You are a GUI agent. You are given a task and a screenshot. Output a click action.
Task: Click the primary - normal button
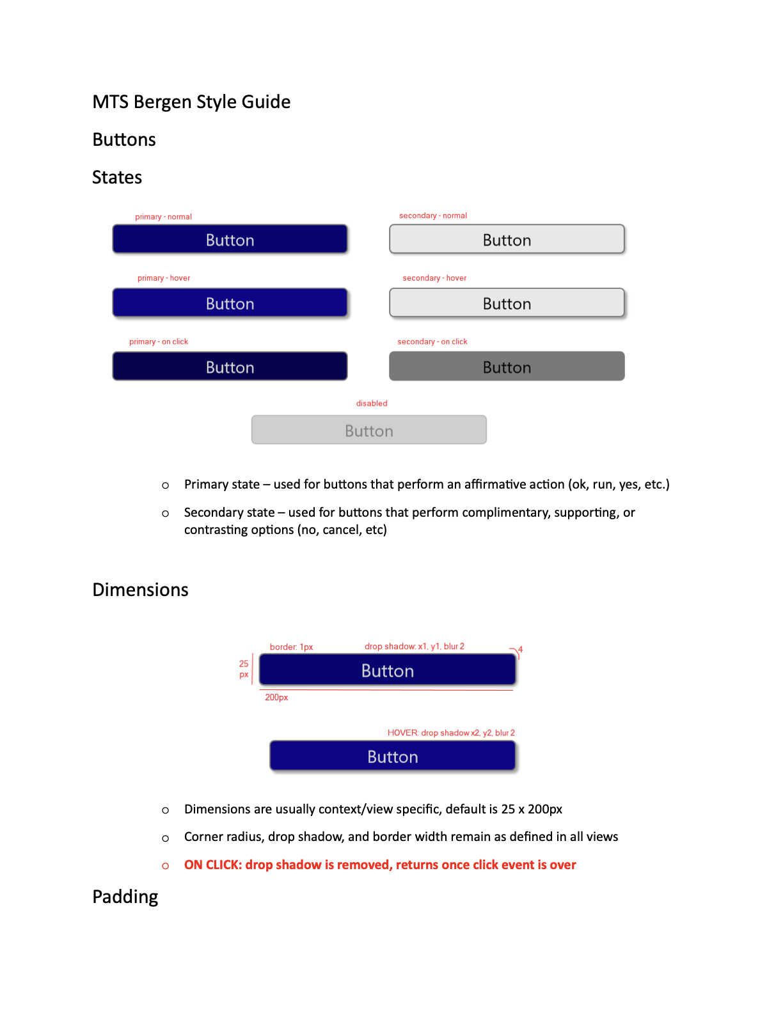click(x=230, y=239)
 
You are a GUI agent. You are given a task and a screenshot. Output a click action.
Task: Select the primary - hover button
click(x=230, y=303)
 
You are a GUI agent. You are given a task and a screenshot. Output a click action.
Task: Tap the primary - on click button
click(x=230, y=366)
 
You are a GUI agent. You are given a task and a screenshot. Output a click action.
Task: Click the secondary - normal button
click(x=507, y=239)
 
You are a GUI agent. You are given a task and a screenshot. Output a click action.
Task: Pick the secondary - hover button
click(x=507, y=303)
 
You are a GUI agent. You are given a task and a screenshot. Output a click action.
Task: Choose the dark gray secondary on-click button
click(x=507, y=366)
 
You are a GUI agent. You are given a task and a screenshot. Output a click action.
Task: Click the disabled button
click(x=368, y=430)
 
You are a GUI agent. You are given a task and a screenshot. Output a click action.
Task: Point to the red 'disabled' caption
click(x=372, y=404)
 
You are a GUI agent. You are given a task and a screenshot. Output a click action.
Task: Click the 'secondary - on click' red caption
click(x=432, y=342)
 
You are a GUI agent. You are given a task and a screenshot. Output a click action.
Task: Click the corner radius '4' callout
click(x=520, y=650)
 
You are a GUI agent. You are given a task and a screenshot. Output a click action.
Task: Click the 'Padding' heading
click(x=125, y=897)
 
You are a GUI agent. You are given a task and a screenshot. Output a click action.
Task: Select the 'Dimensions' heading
click(x=140, y=590)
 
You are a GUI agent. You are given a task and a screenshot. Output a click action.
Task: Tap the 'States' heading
click(x=117, y=177)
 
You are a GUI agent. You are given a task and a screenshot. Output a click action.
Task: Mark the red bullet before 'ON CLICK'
click(x=166, y=866)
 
